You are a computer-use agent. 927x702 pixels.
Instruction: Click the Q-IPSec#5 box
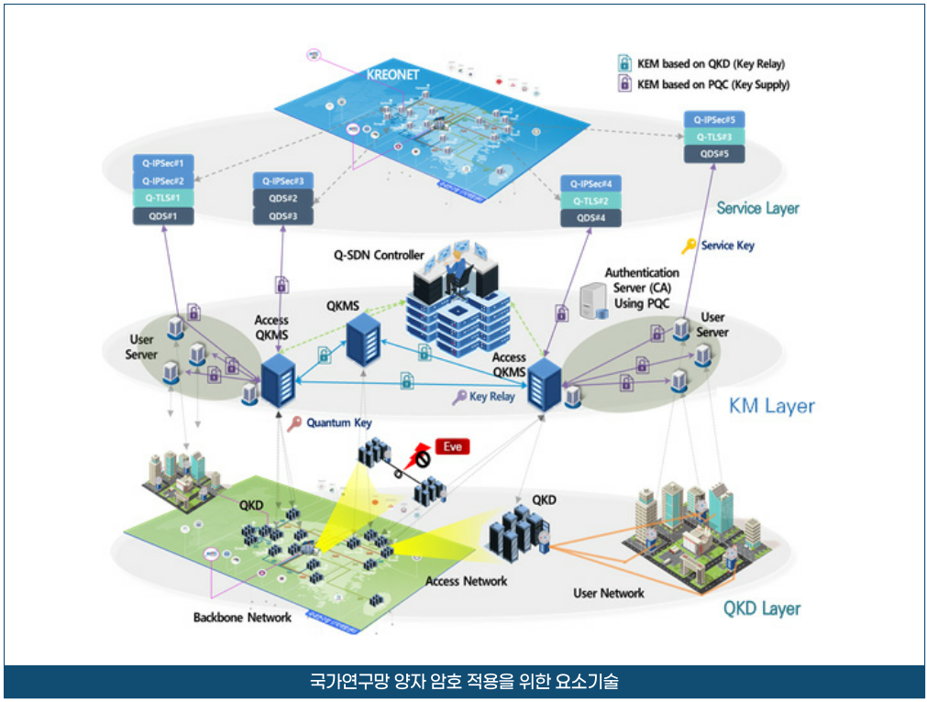pyautogui.click(x=715, y=119)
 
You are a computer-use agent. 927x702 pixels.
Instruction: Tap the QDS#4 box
pyautogui.click(x=590, y=218)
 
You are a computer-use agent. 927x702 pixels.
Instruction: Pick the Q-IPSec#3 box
pyautogui.click(x=282, y=181)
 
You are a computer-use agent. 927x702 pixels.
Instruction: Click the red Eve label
pyautogui.click(x=453, y=446)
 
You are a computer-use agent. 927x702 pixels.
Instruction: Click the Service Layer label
pyautogui.click(x=757, y=208)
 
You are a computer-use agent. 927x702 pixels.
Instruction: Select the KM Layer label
pyautogui.click(x=771, y=406)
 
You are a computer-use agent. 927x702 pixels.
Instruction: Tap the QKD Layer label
pyautogui.click(x=761, y=609)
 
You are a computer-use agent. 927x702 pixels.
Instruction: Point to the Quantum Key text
pyautogui.click(x=339, y=423)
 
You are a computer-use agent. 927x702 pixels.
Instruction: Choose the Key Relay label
pyautogui.click(x=491, y=397)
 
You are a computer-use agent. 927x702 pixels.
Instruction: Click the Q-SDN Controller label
pyautogui.click(x=379, y=256)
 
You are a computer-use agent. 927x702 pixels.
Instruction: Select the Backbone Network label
pyautogui.click(x=242, y=617)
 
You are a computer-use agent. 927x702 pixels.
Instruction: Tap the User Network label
pyautogui.click(x=609, y=593)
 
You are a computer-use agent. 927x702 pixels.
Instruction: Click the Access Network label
pyautogui.click(x=466, y=581)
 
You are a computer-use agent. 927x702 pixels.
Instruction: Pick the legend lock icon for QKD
pyautogui.click(x=624, y=64)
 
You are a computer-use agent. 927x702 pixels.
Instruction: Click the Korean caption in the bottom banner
pyautogui.click(x=464, y=683)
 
